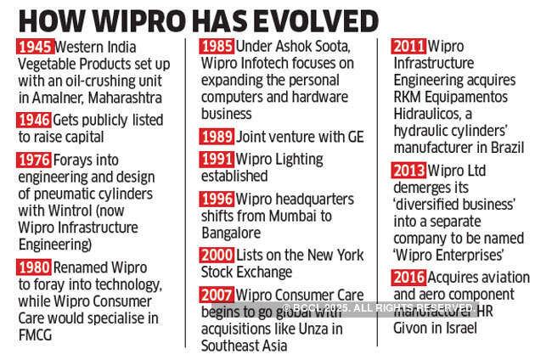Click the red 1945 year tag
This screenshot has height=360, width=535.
(34, 47)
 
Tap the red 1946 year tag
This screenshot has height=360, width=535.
(34, 120)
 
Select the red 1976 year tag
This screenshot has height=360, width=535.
(34, 160)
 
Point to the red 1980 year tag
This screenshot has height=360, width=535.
(34, 267)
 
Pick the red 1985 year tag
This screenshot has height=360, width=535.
(217, 47)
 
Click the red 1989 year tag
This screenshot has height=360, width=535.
(217, 136)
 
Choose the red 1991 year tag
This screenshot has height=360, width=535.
(217, 159)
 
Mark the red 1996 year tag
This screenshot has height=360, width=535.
(217, 199)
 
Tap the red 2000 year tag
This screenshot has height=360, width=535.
(217, 256)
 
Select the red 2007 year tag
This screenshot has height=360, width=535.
(217, 295)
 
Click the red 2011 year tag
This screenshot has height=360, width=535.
(408, 47)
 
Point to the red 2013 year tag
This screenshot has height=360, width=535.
(408, 171)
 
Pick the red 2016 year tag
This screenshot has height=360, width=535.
(408, 278)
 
